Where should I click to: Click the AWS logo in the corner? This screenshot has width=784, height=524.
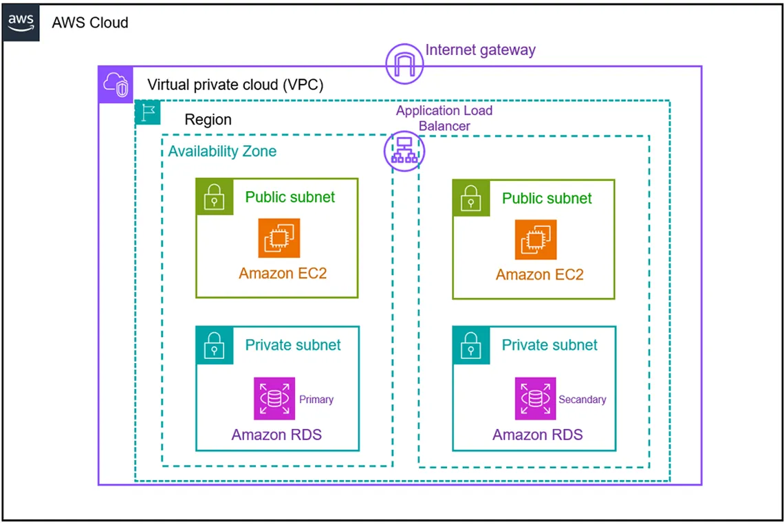point(21,23)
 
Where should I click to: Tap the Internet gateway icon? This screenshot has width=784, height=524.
point(404,64)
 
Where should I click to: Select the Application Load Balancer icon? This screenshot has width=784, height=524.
point(404,152)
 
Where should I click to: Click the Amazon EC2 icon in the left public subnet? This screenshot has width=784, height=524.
point(279,238)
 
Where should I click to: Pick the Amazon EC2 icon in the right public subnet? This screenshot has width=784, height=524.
point(536,239)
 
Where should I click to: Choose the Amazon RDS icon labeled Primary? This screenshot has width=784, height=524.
point(274,398)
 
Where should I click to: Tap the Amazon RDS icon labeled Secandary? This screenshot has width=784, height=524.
point(536,398)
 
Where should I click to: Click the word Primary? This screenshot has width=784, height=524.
point(316,399)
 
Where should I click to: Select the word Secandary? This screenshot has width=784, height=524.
point(582,399)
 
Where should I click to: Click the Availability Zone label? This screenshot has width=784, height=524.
point(222,151)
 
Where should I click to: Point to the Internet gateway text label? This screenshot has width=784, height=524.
point(480,50)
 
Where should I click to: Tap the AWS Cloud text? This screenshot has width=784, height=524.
point(90,23)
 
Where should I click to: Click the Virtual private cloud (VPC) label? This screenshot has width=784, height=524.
point(235,85)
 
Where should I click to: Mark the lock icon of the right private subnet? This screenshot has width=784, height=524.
point(470,345)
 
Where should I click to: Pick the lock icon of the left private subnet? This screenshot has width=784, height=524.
point(214,345)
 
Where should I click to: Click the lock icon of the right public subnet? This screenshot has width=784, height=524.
point(470,197)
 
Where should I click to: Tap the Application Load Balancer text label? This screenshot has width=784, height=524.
point(444,118)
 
